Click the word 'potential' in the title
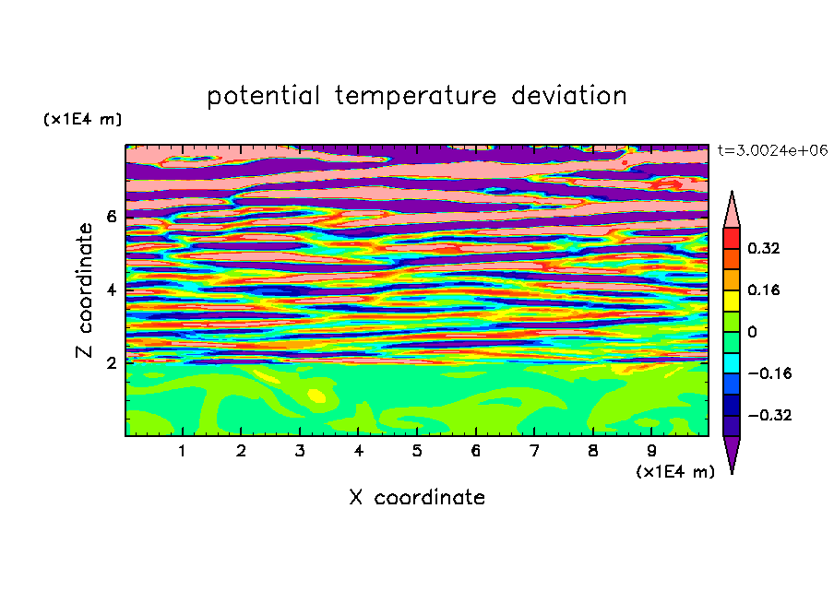263,97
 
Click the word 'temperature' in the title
415,97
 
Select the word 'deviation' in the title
569,96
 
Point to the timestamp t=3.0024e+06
772,150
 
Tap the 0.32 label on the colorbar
763,248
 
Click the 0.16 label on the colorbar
763,290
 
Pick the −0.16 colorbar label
769,373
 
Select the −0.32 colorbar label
769,415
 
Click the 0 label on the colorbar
752,332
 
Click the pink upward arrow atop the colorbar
732,211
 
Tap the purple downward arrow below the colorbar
732,454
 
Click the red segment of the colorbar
732,239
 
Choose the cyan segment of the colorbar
732,363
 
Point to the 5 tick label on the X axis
417,451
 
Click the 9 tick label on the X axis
651,451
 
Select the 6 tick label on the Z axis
111,217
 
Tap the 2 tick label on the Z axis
111,363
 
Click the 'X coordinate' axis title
417,497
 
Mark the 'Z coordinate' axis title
84,290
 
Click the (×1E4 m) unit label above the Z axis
82,119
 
